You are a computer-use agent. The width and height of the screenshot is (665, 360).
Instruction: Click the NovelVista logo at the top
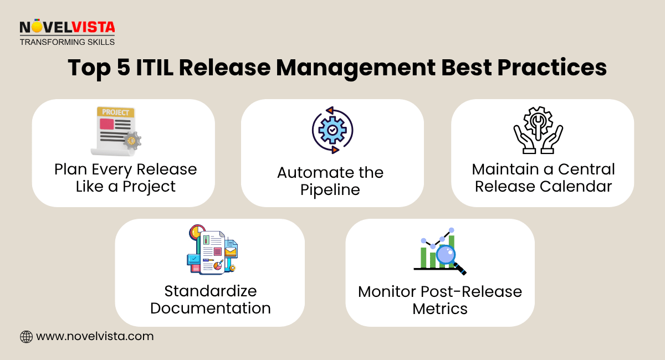(x=67, y=27)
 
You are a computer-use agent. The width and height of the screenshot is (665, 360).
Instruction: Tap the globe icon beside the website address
(x=26, y=336)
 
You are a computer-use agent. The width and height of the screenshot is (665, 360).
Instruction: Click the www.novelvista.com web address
(x=95, y=336)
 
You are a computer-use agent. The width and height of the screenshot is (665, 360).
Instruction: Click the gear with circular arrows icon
(x=332, y=131)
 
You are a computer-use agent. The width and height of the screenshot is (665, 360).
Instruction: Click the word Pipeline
(x=330, y=189)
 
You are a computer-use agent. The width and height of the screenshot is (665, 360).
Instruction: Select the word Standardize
(x=211, y=291)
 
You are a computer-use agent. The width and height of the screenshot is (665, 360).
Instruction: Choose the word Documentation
(x=211, y=308)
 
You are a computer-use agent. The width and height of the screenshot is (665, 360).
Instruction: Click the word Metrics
(x=440, y=308)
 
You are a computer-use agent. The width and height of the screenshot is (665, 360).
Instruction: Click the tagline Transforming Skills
(x=67, y=42)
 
